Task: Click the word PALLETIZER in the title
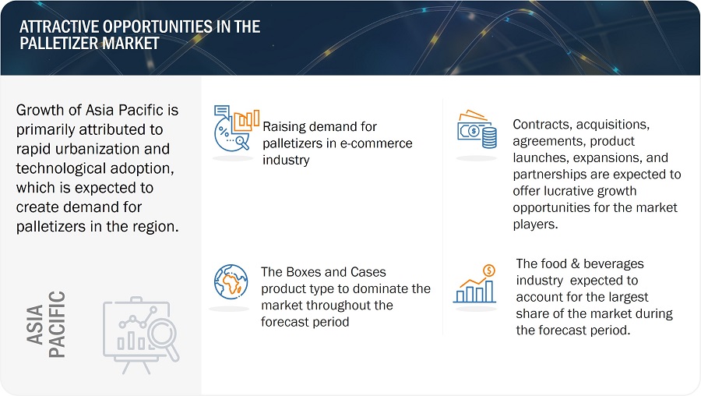coord(59,44)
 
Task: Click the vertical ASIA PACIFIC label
coord(46,324)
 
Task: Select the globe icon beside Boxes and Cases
coord(231,282)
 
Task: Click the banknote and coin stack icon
coord(477,129)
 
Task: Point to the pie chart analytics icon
coord(237,128)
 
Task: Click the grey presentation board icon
coord(141,334)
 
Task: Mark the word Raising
coord(284,127)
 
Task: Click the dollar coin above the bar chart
coord(489,270)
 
